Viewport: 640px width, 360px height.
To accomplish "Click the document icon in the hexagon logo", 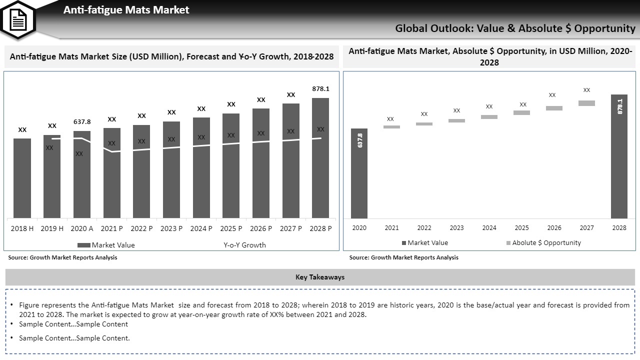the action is click(18, 19).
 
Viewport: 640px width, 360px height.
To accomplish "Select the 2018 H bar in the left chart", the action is click(22, 178).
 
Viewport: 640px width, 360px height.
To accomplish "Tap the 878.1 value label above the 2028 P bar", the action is click(320, 89).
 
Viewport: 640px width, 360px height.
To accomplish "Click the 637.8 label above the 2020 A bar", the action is click(82, 121).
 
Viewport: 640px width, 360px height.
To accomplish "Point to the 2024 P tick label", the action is click(201, 228).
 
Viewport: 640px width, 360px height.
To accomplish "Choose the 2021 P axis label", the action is click(111, 228).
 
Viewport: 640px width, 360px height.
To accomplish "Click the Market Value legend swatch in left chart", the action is click(83, 245).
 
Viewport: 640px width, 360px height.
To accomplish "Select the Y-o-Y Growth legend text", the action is click(244, 245).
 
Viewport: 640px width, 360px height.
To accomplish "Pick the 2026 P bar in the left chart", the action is click(261, 163).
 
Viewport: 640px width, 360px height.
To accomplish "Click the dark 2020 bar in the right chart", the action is click(359, 173).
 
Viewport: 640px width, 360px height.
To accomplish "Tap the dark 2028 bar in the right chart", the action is click(619, 156).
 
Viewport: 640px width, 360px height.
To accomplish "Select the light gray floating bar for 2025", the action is click(521, 113).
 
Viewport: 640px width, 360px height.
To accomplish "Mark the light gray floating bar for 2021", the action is click(391, 127).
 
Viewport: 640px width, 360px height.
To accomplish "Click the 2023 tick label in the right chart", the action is click(456, 228).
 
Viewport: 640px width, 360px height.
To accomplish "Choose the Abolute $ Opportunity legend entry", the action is click(543, 243).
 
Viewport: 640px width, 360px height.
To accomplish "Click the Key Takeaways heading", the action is click(320, 277).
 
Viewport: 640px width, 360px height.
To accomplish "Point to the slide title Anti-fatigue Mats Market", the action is click(126, 10).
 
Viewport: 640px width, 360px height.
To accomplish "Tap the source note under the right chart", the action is click(403, 257).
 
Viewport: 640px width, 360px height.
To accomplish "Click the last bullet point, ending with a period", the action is click(74, 338).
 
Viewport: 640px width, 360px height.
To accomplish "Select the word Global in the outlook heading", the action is click(411, 28).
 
